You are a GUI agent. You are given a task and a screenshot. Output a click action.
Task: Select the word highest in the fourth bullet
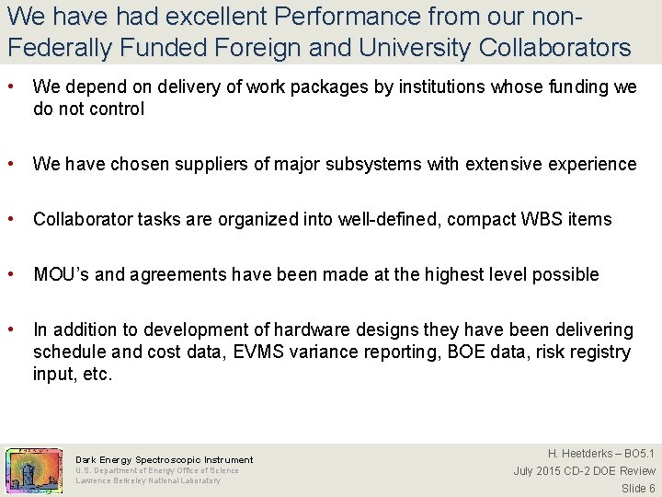coord(481,275)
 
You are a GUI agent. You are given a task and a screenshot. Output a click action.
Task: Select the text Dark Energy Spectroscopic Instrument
coord(164,459)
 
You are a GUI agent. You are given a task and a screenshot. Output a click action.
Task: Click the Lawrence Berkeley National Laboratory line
coord(148,480)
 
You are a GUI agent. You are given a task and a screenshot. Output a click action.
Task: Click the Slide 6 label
coord(637,489)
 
